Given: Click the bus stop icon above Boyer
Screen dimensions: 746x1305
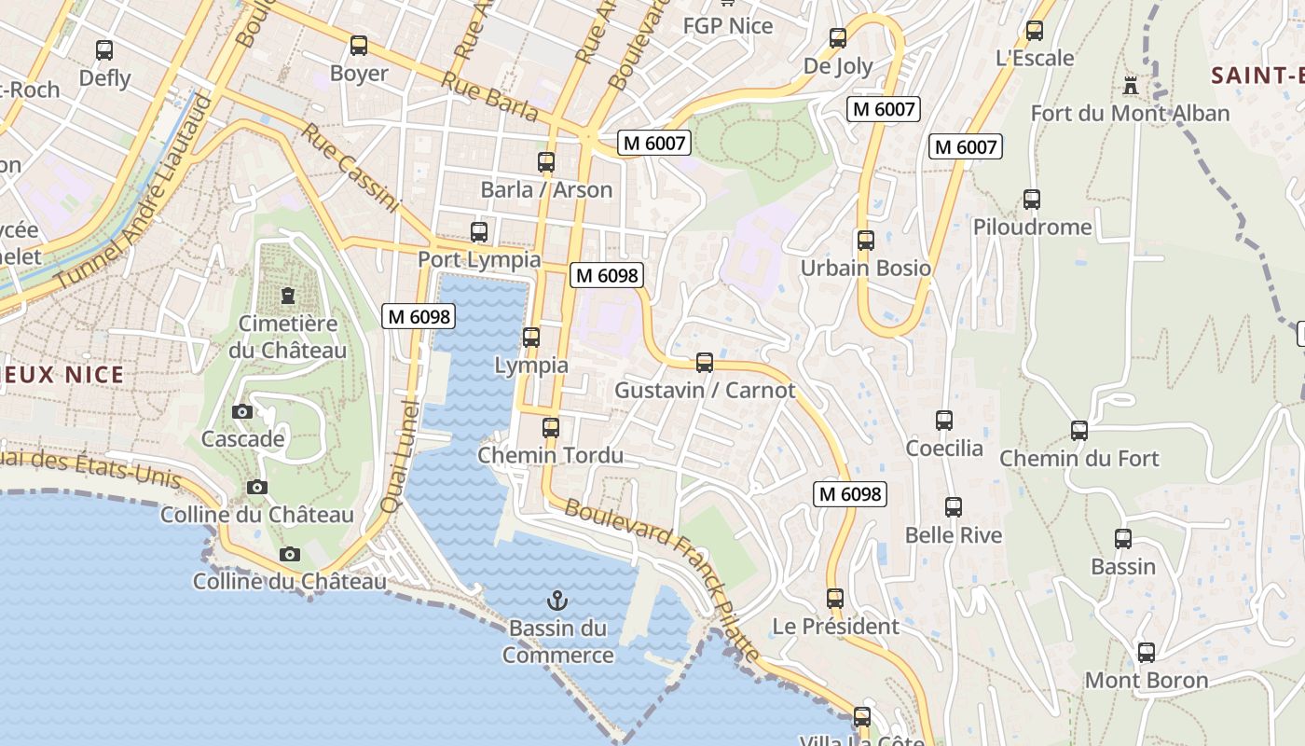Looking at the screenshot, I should tap(359, 46).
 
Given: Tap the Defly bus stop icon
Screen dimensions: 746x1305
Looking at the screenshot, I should tap(104, 50).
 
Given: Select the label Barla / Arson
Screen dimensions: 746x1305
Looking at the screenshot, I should tap(546, 190).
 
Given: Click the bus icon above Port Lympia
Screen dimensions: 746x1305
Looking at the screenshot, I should tap(479, 232).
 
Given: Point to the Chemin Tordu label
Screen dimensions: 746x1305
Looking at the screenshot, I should tap(550, 456).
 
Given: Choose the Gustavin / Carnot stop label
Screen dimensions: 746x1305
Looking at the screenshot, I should tap(705, 391).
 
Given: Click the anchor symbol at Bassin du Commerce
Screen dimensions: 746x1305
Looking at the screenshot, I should tap(557, 601).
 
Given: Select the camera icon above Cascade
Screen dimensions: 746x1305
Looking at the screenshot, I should tap(242, 411).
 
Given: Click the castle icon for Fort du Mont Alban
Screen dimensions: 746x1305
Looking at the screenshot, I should tap(1131, 86).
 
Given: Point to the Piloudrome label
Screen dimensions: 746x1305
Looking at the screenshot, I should tap(1032, 228).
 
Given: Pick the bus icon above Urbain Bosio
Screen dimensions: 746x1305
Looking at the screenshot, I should tap(866, 241).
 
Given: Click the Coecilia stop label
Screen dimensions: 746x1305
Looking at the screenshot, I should tap(944, 449).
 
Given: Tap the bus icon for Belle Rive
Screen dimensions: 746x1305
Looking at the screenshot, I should tap(954, 507).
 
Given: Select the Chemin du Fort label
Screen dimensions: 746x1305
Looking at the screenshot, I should tap(1078, 459).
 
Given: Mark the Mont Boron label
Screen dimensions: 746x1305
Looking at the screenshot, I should tap(1146, 681).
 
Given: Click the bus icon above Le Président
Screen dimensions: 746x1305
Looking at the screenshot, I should tap(835, 599).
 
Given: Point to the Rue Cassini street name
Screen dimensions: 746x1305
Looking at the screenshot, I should tap(350, 168).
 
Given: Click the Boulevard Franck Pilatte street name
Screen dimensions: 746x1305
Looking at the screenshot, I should tap(663, 579).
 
